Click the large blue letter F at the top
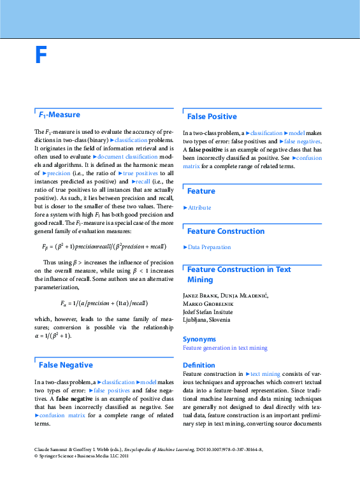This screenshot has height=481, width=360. click(x=41, y=56)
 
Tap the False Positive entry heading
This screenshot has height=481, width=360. click(x=212, y=117)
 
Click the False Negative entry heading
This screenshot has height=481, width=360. click(x=66, y=365)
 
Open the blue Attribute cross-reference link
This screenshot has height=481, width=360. click(x=199, y=208)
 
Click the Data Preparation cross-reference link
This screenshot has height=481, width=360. click(x=210, y=247)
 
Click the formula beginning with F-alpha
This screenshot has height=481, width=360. click(x=103, y=303)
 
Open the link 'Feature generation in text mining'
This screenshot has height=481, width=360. click(x=225, y=348)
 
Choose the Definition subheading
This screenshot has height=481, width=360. click(x=199, y=365)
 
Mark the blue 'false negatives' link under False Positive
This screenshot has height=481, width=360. click(x=302, y=141)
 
